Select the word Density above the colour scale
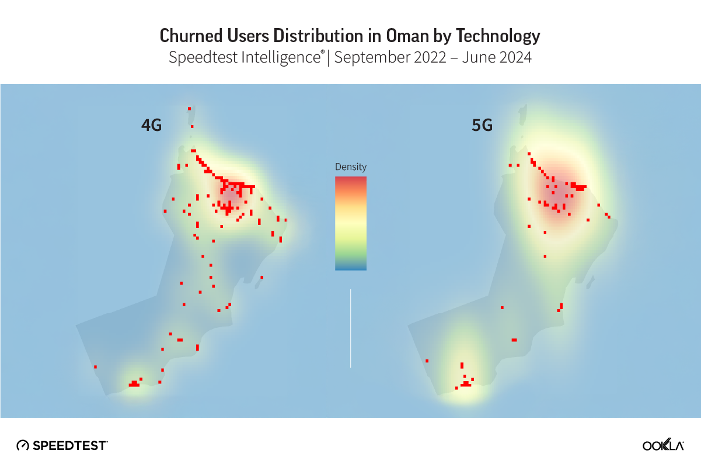(351, 167)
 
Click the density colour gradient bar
(351, 223)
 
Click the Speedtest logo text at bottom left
(69, 445)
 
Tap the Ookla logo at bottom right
(663, 445)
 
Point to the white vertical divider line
(350, 328)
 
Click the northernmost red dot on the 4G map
(189, 108)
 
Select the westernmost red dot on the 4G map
(95, 367)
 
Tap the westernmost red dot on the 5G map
(427, 361)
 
